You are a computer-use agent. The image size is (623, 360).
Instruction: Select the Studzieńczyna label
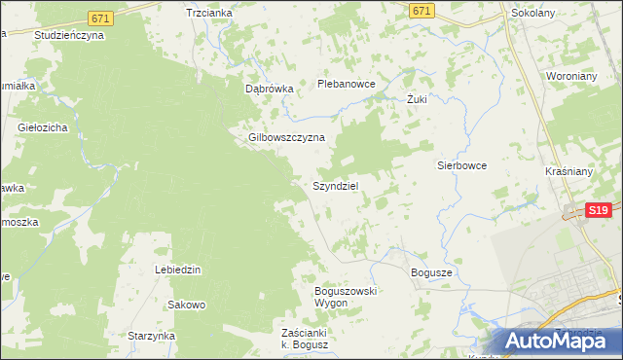coord(68,34)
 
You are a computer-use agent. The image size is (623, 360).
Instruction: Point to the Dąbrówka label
coord(269,88)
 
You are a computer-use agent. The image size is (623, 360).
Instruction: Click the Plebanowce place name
coord(347,84)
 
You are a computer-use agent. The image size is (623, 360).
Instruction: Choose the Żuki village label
coord(418,99)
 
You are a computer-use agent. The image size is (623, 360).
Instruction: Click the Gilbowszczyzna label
coord(286,137)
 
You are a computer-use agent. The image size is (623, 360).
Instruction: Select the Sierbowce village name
coord(461,165)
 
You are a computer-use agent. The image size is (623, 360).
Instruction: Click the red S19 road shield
coord(599,209)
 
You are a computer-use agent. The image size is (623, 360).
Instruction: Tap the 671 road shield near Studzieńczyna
coord(99,18)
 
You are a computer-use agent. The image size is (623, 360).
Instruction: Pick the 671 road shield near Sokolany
coord(421,10)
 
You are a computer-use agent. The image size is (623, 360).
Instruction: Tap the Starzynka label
coord(151,336)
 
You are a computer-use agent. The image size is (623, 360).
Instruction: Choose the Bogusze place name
coord(431,272)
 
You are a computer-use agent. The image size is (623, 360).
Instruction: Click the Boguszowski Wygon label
coord(345,297)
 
